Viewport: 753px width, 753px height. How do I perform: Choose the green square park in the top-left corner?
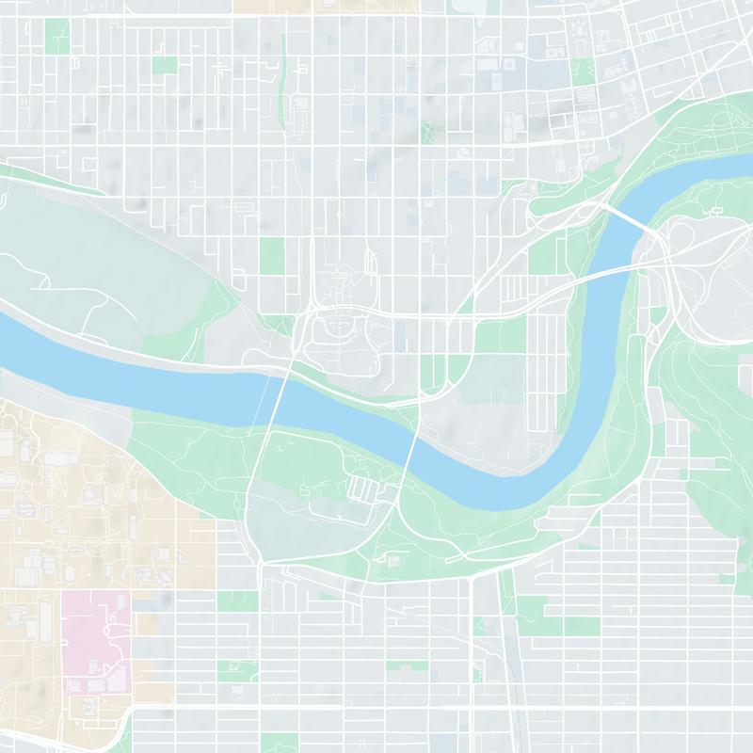point(56,35)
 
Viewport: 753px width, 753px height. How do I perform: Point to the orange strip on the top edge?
point(272,6)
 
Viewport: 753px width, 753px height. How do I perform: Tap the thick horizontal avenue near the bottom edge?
point(376,703)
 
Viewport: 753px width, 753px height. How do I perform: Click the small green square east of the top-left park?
point(165,64)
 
